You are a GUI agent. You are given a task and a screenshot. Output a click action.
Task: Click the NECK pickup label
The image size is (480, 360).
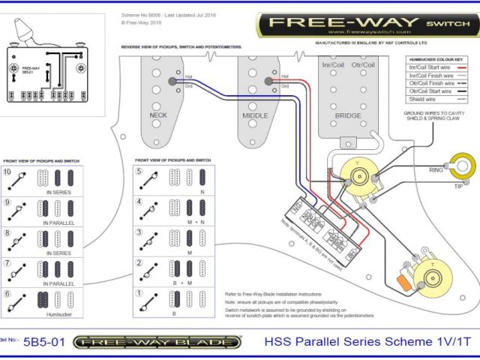click(x=158, y=116)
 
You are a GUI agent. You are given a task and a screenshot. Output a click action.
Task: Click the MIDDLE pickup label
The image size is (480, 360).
click(x=255, y=116)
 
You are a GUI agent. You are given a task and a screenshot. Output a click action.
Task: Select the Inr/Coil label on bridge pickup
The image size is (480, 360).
click(x=332, y=64)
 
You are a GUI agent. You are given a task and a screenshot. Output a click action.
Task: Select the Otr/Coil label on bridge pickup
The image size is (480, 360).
click(x=366, y=64)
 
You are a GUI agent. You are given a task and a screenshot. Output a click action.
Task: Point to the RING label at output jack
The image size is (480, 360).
click(x=434, y=169)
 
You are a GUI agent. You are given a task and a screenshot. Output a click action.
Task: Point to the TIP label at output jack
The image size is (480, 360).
click(x=458, y=184)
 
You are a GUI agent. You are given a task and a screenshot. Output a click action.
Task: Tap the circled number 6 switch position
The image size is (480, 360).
click(x=8, y=293)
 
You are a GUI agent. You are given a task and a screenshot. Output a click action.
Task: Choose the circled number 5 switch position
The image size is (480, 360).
click(x=139, y=172)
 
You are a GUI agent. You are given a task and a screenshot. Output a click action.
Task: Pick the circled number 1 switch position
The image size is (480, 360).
click(x=139, y=293)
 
